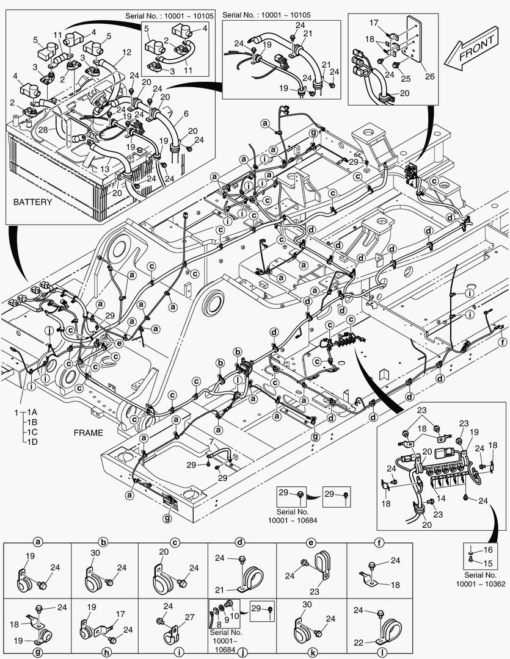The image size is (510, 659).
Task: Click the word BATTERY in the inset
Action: click(x=32, y=202)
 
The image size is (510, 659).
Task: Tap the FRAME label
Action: click(x=88, y=432)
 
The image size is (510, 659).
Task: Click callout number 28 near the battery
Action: click(x=42, y=129)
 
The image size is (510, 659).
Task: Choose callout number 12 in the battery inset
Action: click(x=126, y=52)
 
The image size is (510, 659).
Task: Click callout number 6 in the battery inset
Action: click(x=185, y=113)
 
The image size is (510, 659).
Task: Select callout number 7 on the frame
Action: click(x=211, y=441)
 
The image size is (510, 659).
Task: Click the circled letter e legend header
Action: click(x=311, y=542)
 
